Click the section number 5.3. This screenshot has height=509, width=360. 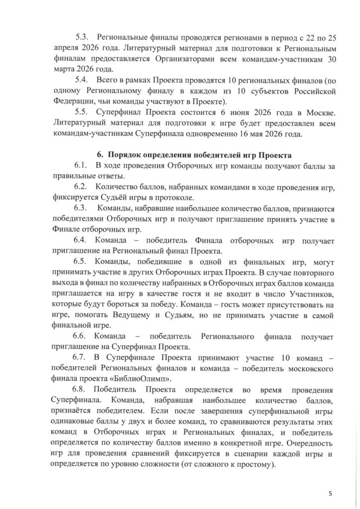(x=81, y=37)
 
